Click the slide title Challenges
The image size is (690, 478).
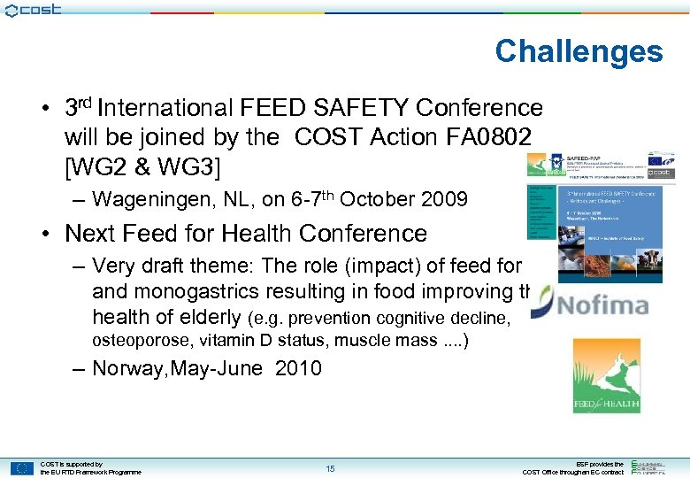[x=579, y=51]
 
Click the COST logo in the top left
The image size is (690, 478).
[x=33, y=10]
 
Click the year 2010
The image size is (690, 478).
[x=298, y=368]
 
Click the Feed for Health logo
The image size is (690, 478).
[x=606, y=375]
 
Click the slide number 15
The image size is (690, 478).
[x=330, y=468]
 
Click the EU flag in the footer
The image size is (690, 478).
[x=22, y=468]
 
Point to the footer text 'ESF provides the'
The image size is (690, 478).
[x=600, y=464]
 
